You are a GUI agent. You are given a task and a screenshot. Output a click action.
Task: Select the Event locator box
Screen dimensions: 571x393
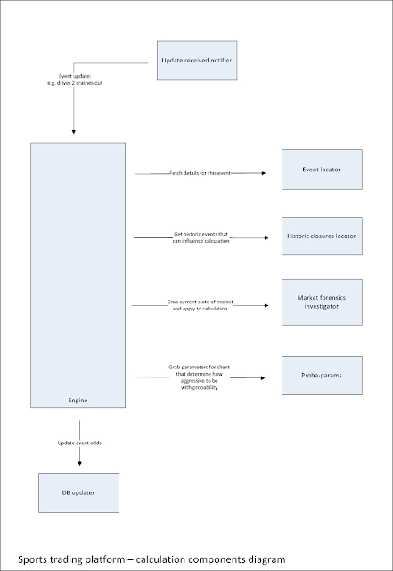tap(322, 170)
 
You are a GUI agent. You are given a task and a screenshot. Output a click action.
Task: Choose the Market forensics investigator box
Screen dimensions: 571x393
tap(322, 307)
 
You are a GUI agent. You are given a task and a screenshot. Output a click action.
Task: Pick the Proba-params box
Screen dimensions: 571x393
tap(322, 377)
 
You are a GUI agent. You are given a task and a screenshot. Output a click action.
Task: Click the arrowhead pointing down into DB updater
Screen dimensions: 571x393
tap(78, 461)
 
